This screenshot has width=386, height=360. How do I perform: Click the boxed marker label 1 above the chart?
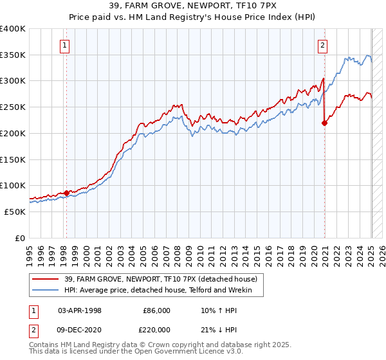[x=66, y=45]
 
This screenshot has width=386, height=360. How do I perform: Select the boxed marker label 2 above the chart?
[x=322, y=45]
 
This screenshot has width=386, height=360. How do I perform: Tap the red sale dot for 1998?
[x=66, y=192]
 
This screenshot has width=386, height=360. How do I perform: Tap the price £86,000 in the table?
[x=156, y=310]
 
